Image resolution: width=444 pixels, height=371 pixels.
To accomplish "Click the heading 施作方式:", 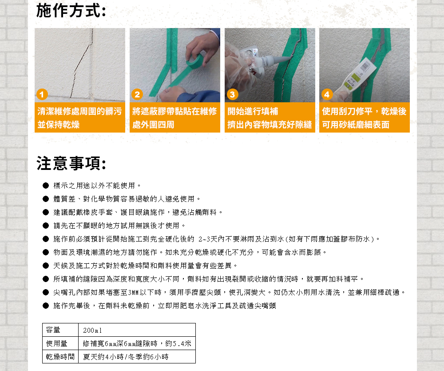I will [x=71, y=10].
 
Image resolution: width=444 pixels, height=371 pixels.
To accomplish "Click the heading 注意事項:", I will [x=71, y=163].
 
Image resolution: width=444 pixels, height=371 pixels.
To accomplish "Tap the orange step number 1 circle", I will [x=41, y=95].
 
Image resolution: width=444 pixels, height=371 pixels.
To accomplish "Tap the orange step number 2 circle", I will [x=137, y=95].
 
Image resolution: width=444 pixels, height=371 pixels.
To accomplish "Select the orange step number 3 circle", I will [x=232, y=95].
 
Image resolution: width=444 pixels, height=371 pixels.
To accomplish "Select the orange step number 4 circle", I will [x=327, y=95].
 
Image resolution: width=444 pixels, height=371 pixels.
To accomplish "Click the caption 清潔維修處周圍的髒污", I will [x=79, y=111].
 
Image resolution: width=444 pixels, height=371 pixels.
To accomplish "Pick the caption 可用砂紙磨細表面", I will [x=356, y=125].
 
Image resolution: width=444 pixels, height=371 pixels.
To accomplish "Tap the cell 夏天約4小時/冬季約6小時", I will [x=126, y=357].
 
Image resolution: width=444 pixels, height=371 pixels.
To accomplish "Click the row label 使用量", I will [x=56, y=343].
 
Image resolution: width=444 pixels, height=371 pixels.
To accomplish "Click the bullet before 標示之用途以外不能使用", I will [x=45, y=185].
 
